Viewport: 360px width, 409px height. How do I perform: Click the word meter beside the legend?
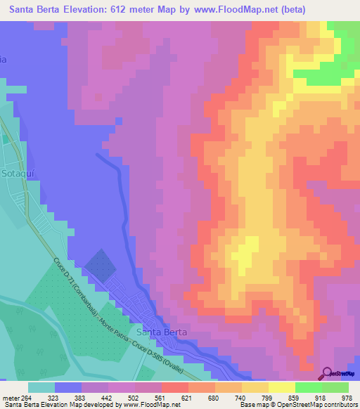point(8,397)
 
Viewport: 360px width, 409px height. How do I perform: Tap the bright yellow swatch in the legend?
point(281,387)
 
